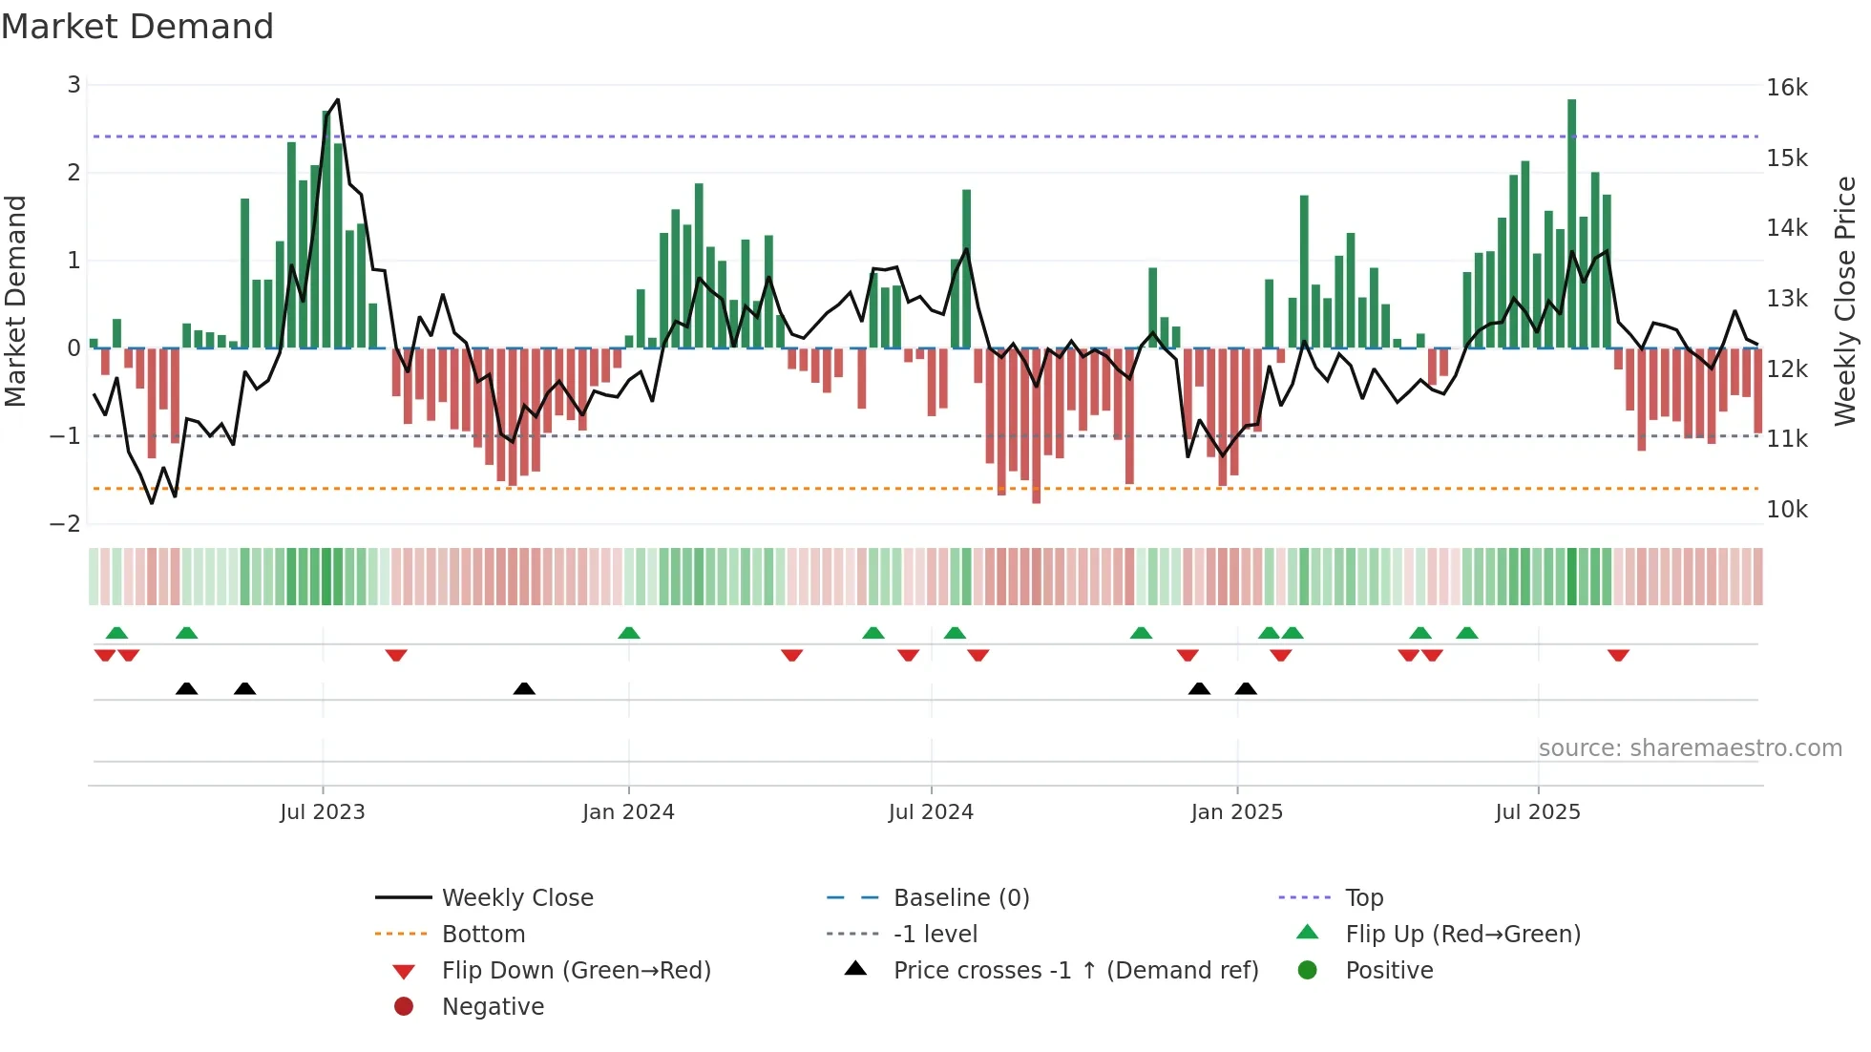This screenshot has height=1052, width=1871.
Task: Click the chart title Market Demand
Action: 137,27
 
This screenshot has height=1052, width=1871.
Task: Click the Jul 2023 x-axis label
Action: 323,812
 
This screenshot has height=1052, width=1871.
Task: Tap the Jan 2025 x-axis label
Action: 1236,812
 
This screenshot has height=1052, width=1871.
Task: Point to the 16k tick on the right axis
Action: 1786,88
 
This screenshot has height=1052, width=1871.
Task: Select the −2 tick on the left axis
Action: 66,523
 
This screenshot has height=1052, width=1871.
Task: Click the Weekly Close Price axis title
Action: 1844,301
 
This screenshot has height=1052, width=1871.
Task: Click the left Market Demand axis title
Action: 16,301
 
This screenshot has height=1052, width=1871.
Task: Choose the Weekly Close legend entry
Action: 516,897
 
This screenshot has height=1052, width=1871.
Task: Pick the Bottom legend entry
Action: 483,934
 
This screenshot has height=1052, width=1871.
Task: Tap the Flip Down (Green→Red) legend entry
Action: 576,970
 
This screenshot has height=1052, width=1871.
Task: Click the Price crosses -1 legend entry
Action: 1075,970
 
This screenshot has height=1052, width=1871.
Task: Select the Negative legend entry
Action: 493,1006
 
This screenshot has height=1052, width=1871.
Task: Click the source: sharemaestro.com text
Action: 1690,748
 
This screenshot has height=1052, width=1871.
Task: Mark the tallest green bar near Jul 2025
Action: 1571,220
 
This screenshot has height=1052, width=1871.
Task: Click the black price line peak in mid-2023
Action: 337,100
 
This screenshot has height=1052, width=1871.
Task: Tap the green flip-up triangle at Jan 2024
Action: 628,633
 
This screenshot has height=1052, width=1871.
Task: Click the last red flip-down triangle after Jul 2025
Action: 1617,655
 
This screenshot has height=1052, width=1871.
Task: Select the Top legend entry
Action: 1363,897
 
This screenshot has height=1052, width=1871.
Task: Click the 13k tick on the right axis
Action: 1786,299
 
